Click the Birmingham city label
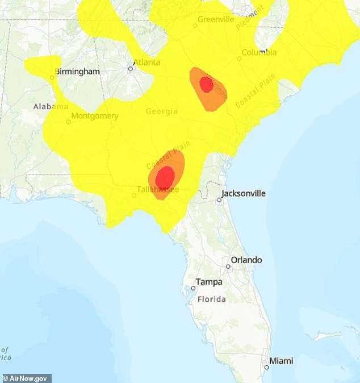click(x=77, y=72)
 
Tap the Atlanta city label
click(x=146, y=63)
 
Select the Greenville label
click(x=216, y=19)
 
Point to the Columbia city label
click(x=259, y=53)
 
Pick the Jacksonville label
click(x=243, y=193)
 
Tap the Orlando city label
click(x=246, y=260)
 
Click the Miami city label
click(x=281, y=361)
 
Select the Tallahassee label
click(x=158, y=189)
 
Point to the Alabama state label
click(x=51, y=106)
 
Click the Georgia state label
click(x=161, y=111)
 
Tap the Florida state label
click(x=211, y=299)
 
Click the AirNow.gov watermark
click(x=27, y=378)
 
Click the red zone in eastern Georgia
click(x=206, y=85)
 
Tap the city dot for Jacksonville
click(x=219, y=199)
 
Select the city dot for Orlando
click(x=228, y=266)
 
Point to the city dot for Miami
click(x=266, y=367)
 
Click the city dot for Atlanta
click(x=130, y=68)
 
